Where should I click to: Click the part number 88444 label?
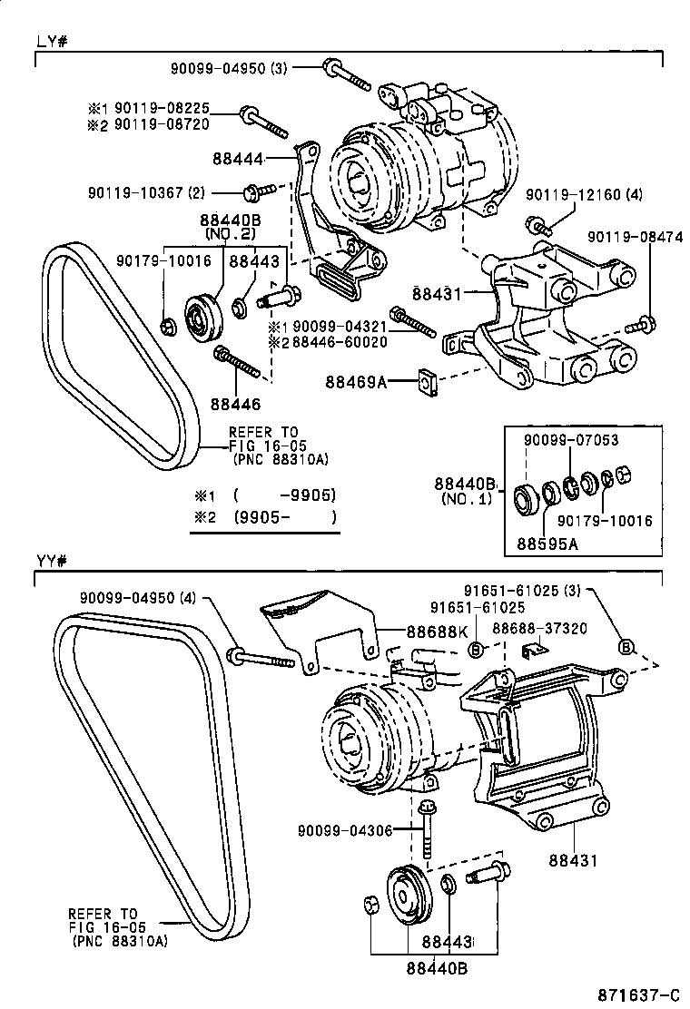point(237,159)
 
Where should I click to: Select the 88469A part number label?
point(355,383)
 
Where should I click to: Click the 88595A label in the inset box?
point(548,544)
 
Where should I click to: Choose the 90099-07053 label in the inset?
point(570,440)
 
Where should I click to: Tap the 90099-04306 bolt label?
point(340,830)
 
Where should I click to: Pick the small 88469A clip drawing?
point(426,382)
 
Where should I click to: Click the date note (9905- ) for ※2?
point(284,518)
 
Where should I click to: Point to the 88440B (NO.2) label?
point(231,226)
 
